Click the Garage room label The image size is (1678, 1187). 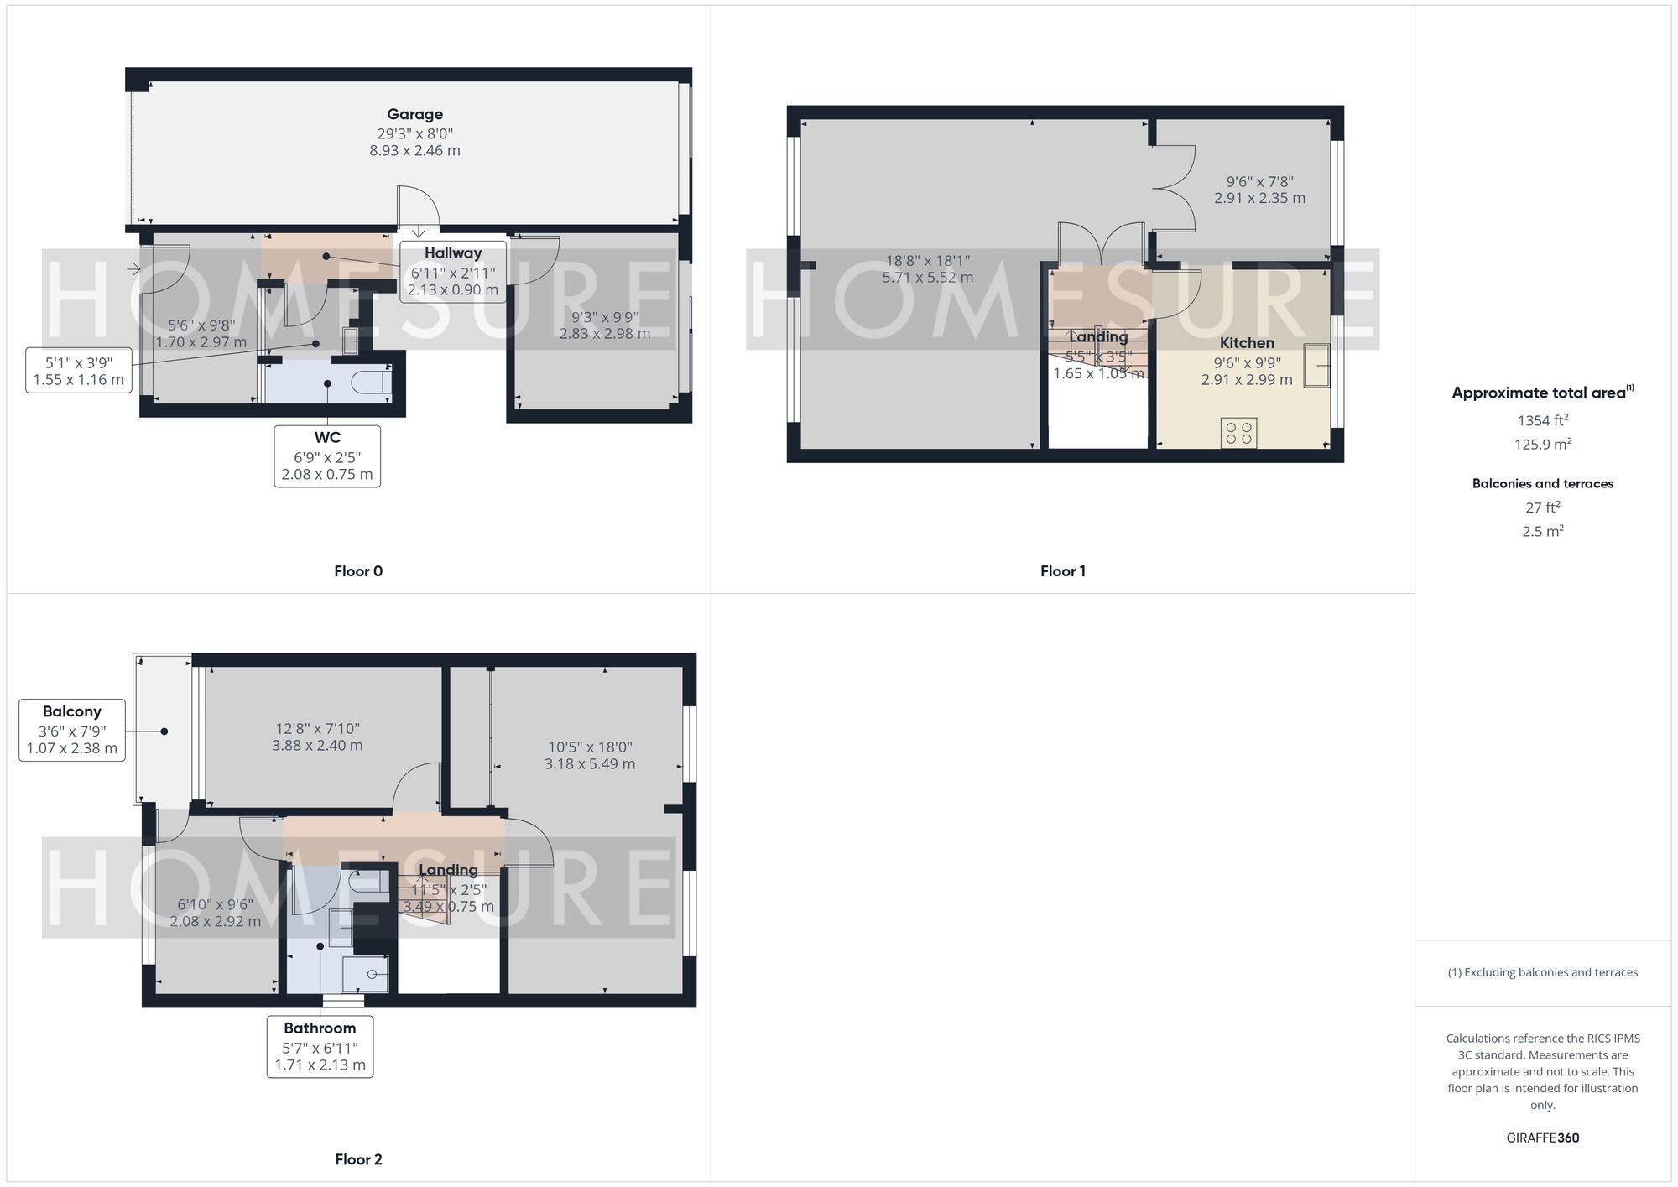(414, 115)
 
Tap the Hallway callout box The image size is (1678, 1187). (453, 272)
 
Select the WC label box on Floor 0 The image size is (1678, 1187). (327, 456)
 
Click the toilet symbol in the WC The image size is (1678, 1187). (370, 383)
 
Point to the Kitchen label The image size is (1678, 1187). (1247, 343)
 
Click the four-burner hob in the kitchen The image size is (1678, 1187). (1238, 433)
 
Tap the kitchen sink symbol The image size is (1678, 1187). (1316, 365)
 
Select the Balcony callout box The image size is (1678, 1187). (72, 730)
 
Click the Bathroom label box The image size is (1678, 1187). (320, 1046)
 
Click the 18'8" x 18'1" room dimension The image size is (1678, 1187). (927, 269)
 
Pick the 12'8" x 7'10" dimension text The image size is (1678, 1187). (317, 737)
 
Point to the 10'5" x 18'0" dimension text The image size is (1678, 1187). (590, 755)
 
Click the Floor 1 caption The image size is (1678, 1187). (1062, 571)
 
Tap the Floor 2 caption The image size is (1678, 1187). (358, 1159)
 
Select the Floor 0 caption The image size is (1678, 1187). (358, 571)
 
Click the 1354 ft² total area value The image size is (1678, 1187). (1542, 420)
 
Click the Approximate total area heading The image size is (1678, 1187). (1542, 393)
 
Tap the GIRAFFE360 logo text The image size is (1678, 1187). (1542, 1138)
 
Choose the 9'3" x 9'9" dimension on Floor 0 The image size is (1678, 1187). (605, 325)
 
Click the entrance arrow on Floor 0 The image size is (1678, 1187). (134, 269)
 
